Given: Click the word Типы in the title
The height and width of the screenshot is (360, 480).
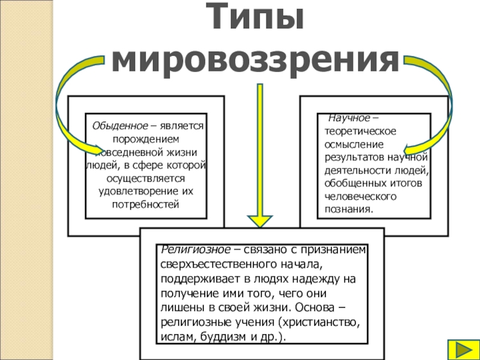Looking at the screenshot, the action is pos(254,16).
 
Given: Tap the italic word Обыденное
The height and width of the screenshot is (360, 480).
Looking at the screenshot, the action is pos(120,126).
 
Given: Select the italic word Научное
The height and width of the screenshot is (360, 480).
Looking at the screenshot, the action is pos(349,118).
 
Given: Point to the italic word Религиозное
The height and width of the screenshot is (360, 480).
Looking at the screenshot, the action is pos(196,250).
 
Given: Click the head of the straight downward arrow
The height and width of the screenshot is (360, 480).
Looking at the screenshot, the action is pos(260,221).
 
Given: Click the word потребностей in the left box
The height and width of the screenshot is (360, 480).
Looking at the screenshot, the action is pos(145,204).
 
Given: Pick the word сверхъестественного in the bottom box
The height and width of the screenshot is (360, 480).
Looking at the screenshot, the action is pos(218,264).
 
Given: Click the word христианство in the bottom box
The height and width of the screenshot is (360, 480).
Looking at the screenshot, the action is pos(320,322).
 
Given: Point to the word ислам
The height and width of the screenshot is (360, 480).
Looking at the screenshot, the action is pos(178,337).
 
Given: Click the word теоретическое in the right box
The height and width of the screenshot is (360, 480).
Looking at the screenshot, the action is pos(361,131).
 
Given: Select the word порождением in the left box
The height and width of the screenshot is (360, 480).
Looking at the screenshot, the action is pos(146,139).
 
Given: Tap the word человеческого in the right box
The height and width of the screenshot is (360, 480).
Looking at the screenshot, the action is pos(361,196).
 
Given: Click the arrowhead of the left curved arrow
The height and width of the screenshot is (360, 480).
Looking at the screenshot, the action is pos(98,149).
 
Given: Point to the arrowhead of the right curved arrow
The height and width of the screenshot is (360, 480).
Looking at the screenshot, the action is pos(409,149).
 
